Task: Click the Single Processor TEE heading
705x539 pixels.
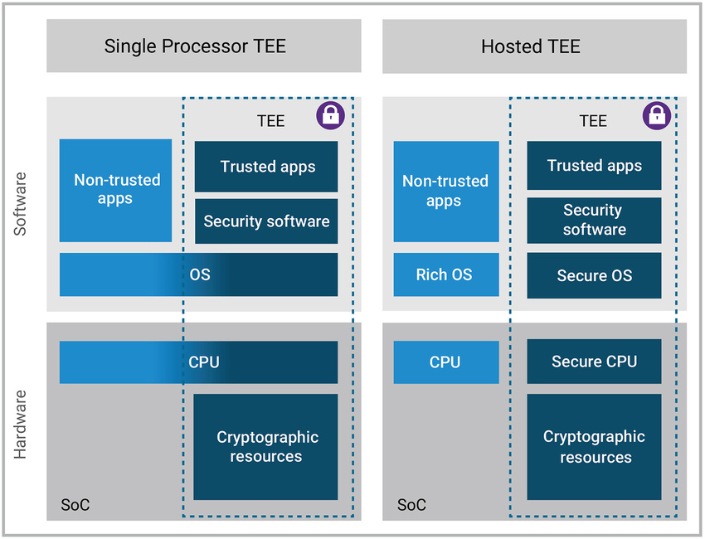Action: (195, 46)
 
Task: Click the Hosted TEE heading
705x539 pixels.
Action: (531, 46)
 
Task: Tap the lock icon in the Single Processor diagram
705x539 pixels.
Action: (330, 115)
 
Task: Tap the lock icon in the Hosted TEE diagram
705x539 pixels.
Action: (656, 115)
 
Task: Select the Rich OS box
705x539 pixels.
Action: (446, 274)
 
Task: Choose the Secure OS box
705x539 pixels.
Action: (594, 275)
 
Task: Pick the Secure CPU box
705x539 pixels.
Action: (594, 362)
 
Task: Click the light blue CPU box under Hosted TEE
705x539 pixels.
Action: (446, 362)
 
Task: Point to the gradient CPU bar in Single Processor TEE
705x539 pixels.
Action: (199, 362)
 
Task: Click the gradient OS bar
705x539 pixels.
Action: (199, 274)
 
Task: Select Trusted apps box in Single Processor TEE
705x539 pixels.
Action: (266, 167)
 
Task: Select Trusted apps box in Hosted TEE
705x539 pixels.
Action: (594, 165)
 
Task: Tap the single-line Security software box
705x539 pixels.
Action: (266, 221)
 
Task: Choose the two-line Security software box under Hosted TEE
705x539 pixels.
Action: (594, 221)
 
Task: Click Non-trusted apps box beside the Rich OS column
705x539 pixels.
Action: (446, 192)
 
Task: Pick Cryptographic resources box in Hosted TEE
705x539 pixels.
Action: (594, 447)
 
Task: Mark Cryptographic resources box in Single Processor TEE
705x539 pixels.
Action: (265, 447)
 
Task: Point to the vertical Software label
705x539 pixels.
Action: (20, 204)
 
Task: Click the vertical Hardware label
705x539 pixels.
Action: (20, 425)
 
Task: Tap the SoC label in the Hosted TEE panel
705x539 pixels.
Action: (411, 505)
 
